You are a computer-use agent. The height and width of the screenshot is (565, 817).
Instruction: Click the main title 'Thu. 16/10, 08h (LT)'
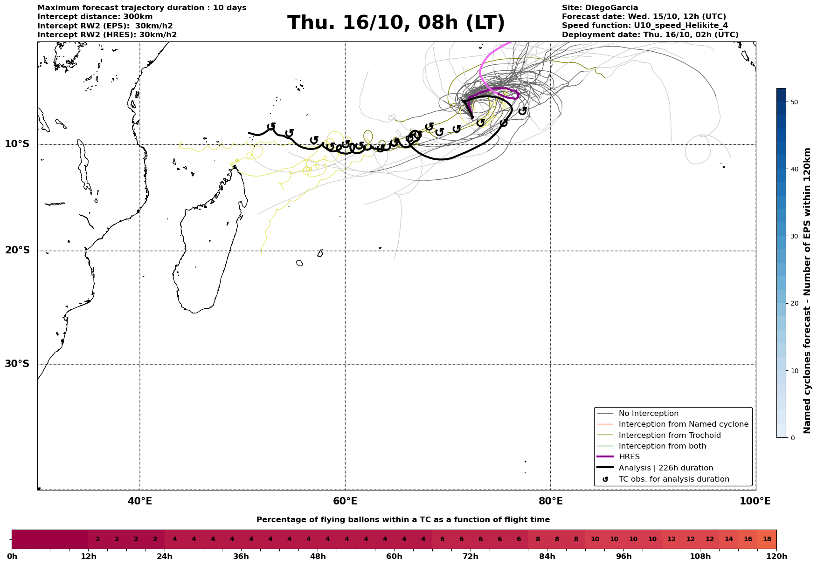[396, 23]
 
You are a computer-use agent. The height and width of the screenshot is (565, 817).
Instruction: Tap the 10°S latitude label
[17, 144]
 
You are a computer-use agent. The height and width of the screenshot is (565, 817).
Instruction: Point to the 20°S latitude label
[17, 251]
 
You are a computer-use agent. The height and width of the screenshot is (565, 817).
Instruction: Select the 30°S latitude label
[17, 364]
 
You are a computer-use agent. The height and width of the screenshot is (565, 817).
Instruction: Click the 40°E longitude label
[140, 501]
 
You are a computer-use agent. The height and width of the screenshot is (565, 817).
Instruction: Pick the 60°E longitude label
[345, 501]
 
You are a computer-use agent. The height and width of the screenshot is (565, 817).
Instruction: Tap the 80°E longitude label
[550, 501]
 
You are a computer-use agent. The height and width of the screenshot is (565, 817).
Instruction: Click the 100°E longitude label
[755, 501]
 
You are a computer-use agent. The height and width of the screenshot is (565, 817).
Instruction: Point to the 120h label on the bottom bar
[776, 556]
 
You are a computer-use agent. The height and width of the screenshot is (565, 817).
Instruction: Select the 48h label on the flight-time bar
[318, 556]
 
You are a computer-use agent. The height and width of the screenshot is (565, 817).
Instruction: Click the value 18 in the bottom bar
[767, 539]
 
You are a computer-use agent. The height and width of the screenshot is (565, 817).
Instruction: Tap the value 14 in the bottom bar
[729, 539]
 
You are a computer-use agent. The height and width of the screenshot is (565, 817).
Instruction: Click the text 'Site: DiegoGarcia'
[600, 8]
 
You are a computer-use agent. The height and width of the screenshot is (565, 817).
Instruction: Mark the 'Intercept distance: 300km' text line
[95, 17]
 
